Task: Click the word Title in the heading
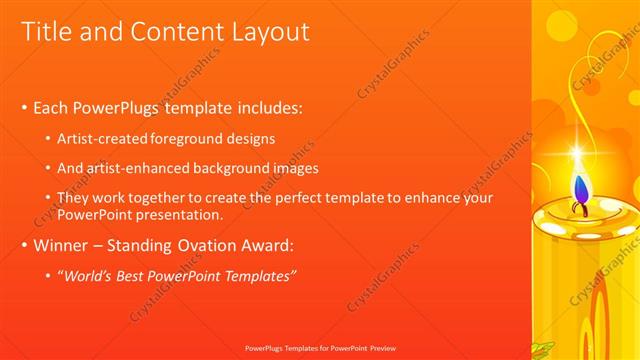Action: (x=47, y=32)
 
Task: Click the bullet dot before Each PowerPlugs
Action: (x=23, y=107)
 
